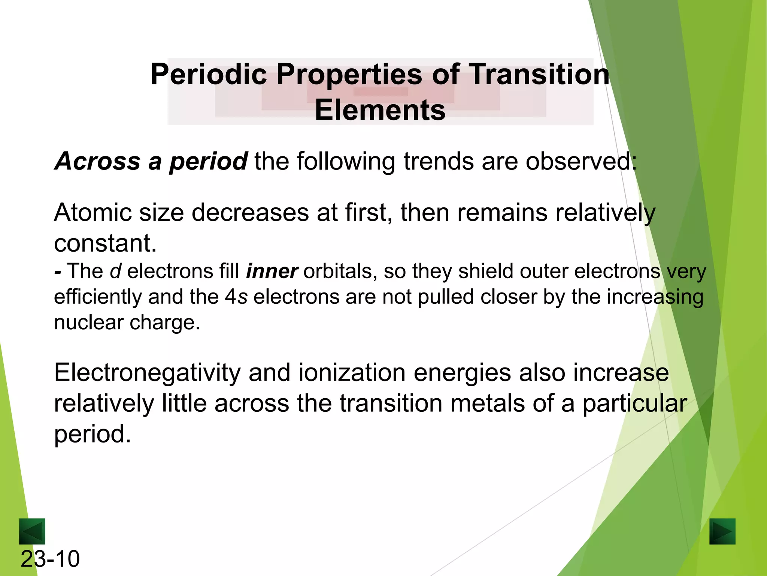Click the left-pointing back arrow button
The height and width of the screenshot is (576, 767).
(32, 531)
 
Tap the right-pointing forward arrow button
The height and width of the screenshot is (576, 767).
(722, 531)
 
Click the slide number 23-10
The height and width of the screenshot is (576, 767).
(50, 559)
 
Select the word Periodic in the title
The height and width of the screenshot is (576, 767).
(209, 74)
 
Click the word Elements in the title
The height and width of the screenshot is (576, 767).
(380, 110)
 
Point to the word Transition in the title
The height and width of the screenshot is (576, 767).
(539, 74)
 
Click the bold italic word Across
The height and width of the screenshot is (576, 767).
(97, 161)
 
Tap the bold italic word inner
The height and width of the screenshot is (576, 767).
(272, 271)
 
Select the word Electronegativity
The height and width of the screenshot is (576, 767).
(147, 373)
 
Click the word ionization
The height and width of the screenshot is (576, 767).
(352, 373)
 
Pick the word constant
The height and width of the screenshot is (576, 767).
(105, 243)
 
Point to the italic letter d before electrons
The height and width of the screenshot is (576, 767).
(115, 271)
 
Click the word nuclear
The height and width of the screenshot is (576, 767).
(88, 322)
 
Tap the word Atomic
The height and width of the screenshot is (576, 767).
(92, 213)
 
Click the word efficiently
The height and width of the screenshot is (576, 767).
(98, 297)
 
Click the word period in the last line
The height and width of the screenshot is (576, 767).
(92, 434)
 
